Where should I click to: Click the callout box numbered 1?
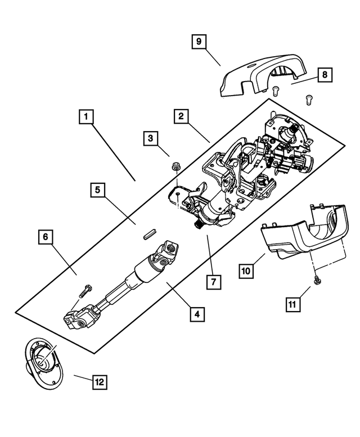coord(85,117)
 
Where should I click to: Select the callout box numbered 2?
coord(181,117)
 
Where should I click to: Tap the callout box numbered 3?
coord(150,137)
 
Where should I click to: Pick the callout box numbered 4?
coord(196,313)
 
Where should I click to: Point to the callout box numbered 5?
coord(97,191)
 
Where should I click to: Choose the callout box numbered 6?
coord(45,237)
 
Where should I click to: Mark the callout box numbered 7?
coord(213,281)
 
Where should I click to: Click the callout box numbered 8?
coord(325,74)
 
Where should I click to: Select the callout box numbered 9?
coord(199,41)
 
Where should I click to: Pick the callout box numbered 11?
coord(292,304)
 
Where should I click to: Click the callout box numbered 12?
coord(98,382)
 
